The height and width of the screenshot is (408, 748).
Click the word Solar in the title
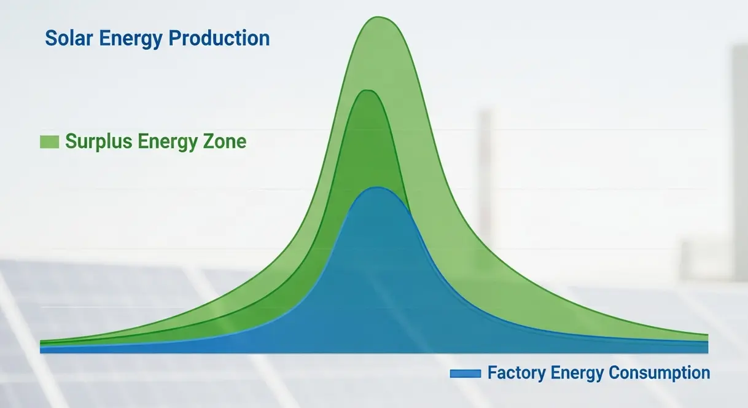69,37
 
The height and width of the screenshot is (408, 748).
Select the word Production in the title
219,37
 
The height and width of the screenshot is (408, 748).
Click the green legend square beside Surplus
49,142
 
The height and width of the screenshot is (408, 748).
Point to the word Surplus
99,142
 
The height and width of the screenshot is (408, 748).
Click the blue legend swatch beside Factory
466,373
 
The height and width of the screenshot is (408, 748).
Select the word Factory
516,373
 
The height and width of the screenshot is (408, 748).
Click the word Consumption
659,373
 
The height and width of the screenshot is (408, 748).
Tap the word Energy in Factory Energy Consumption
577,374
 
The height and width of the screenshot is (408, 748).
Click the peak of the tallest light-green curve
378,17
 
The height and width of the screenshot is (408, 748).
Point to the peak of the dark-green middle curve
367,90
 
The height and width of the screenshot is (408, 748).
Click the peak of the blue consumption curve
376,187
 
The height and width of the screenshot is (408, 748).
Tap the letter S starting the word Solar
50,38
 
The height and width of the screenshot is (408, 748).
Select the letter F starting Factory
492,372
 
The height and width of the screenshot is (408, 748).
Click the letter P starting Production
174,38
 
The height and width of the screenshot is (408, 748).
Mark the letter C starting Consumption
615,372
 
